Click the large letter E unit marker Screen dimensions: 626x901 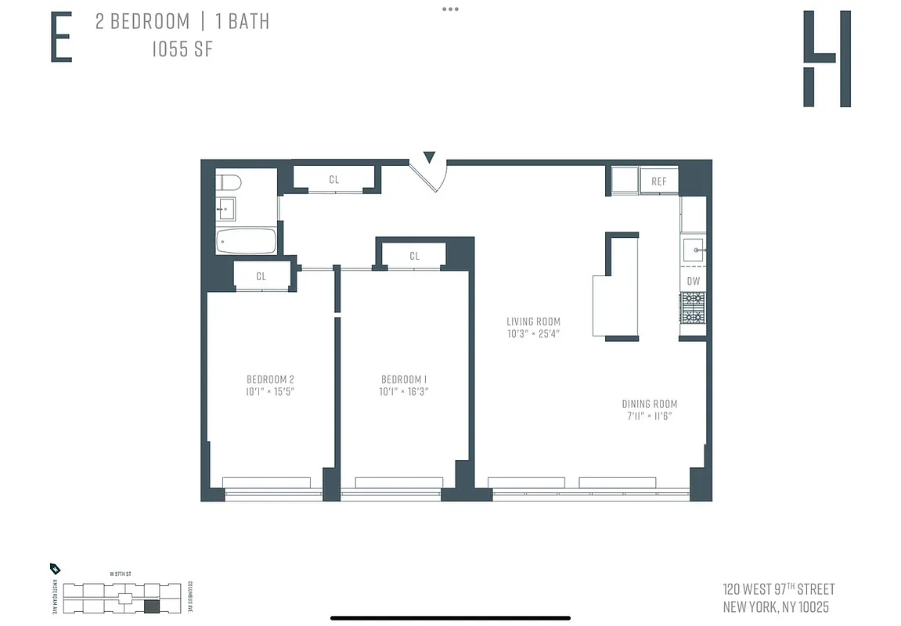(x=61, y=37)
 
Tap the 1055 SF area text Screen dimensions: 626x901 (x=182, y=49)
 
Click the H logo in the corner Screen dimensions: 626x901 (x=827, y=59)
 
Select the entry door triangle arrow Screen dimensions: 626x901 (x=429, y=157)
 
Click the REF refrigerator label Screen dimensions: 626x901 (x=658, y=182)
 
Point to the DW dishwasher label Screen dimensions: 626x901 (x=693, y=281)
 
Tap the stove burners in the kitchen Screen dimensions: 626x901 (x=693, y=308)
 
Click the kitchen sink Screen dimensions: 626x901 (x=694, y=250)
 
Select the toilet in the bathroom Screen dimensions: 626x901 (x=229, y=183)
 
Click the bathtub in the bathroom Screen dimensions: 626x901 (x=247, y=241)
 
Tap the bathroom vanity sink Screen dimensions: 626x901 (x=225, y=209)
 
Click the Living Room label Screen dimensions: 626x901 (x=533, y=322)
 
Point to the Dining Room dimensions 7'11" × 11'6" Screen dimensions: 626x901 (x=649, y=416)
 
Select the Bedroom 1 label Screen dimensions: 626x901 (x=404, y=380)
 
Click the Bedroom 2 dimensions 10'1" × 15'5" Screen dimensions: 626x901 (x=269, y=391)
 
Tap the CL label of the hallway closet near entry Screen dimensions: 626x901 (x=334, y=180)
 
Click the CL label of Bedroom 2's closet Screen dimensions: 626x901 (x=261, y=276)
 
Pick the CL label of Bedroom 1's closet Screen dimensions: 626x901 (x=414, y=256)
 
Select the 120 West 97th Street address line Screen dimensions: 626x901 (x=778, y=589)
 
